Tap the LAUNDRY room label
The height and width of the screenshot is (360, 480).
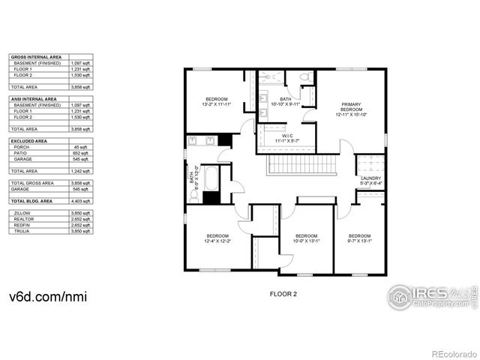370,180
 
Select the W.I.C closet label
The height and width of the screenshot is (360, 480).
286,138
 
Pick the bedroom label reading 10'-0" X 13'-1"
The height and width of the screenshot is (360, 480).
306,238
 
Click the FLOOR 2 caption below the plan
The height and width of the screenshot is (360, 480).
283,294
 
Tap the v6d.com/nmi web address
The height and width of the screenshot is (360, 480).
48,297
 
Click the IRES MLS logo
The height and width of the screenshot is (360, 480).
432,296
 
